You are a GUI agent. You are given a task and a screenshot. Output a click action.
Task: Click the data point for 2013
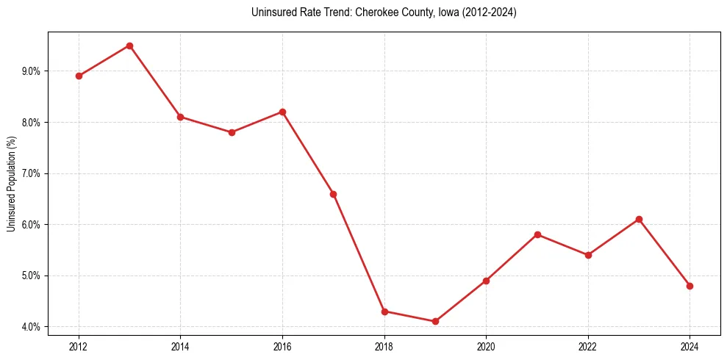point(129,46)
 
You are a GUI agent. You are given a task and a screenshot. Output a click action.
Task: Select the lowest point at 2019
point(435,321)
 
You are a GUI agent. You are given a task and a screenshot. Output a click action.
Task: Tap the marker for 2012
point(79,76)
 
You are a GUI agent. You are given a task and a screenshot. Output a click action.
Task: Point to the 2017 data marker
point(333,194)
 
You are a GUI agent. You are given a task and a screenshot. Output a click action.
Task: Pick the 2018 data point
point(384,312)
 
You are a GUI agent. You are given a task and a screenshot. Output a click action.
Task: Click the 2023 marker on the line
point(639,219)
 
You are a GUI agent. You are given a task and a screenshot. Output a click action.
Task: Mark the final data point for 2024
point(690,286)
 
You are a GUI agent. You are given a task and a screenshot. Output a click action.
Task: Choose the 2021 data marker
point(537,234)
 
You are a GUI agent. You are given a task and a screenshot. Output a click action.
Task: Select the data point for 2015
point(232,132)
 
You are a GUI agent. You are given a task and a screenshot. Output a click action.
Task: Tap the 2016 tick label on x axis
point(282,345)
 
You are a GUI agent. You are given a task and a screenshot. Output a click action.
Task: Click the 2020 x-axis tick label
point(486,345)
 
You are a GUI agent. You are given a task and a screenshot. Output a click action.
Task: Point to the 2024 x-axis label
point(690,345)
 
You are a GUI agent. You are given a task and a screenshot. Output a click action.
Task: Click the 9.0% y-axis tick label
point(31,71)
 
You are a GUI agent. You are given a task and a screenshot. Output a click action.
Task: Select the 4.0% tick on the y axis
point(31,327)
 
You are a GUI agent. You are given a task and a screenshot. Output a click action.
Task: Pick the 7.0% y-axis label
point(31,173)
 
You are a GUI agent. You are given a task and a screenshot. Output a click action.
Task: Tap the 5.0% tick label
point(31,276)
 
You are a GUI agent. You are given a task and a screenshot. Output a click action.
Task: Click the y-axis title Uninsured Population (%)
point(11,184)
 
